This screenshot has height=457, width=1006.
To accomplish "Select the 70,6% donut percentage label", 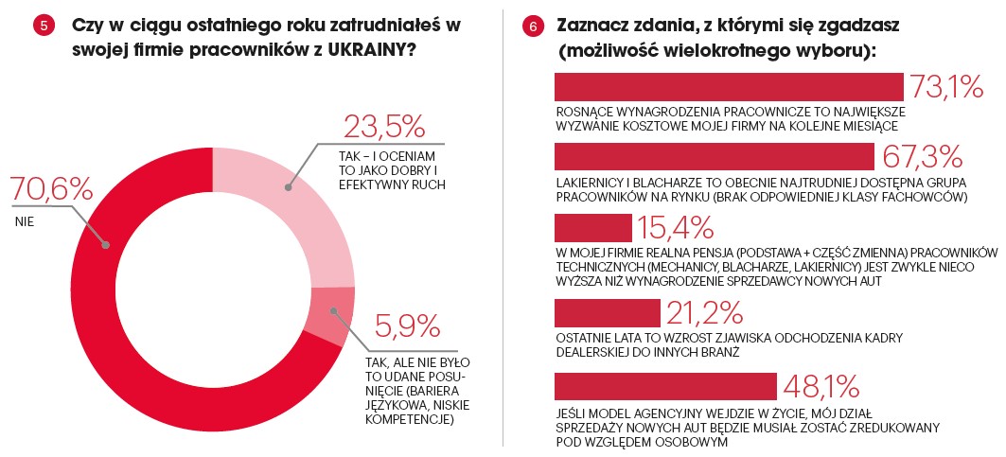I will tap(52, 189).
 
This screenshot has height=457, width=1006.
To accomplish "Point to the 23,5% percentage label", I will tap(383, 126).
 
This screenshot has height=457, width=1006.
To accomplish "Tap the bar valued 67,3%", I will tap(714, 156).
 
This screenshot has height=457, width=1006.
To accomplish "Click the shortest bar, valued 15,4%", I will tap(592, 228).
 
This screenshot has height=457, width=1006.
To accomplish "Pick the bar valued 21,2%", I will tap(607, 311).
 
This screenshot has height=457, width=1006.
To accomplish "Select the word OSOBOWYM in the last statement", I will tap(693, 442).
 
